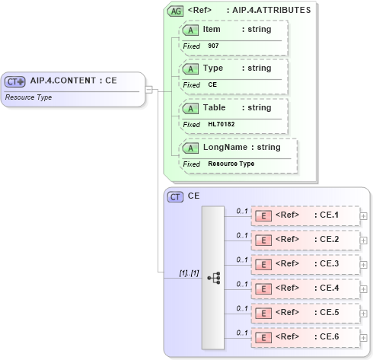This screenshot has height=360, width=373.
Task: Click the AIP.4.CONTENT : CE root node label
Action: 73,80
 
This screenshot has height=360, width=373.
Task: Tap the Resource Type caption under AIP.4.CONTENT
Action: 28,97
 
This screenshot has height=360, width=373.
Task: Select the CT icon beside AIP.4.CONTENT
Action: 15,81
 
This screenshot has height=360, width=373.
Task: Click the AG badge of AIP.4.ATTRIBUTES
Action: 175,11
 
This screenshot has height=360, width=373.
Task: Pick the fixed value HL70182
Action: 220,124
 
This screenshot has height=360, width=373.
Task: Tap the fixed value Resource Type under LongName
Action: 231,164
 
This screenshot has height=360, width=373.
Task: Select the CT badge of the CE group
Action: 175,196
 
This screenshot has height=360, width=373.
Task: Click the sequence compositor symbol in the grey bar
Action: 213,279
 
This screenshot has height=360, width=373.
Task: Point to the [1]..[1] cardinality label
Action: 189,272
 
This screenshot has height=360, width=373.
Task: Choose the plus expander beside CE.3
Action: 363,264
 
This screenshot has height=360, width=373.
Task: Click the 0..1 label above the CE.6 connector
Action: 242,332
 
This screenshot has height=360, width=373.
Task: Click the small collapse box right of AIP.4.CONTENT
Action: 149,90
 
